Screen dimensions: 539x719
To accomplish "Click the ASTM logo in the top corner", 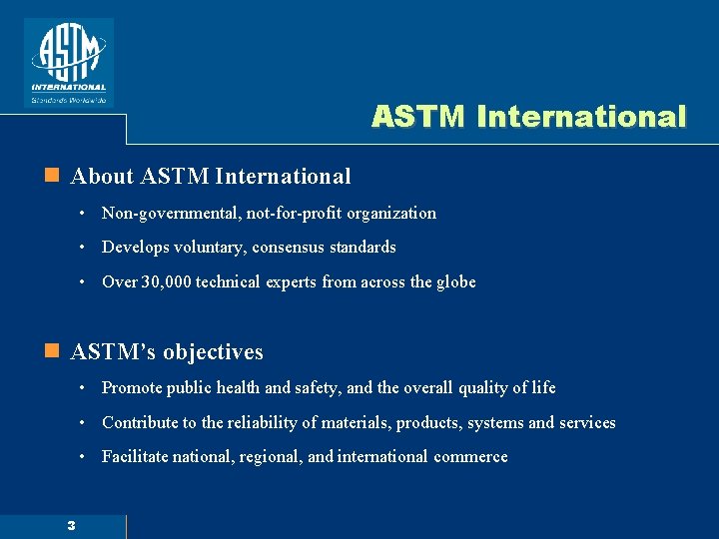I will pyautogui.click(x=68, y=62).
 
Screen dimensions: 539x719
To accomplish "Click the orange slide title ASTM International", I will pyautogui.click(x=528, y=117).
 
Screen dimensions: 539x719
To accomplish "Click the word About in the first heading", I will pyautogui.click(x=102, y=177).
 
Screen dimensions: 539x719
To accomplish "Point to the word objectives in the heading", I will pyautogui.click(x=213, y=352).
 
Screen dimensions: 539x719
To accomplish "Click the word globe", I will pyautogui.click(x=454, y=281).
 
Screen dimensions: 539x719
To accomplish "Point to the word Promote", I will pyautogui.click(x=133, y=387).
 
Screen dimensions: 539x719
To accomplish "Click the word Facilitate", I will pyautogui.click(x=136, y=456).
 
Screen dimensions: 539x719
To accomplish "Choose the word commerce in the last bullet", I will pyautogui.click(x=470, y=456).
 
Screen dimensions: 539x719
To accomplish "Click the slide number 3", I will pyautogui.click(x=71, y=526).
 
